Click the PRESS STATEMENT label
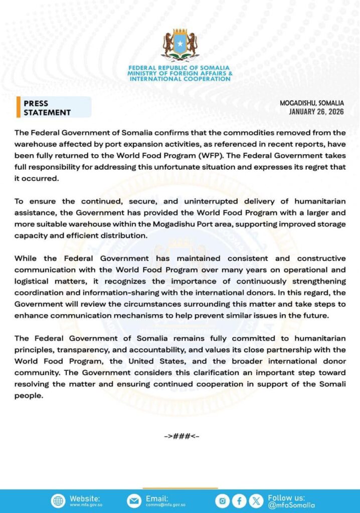(47, 108)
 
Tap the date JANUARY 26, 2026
(316, 112)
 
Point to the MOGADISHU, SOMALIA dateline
(312, 103)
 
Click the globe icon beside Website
(58, 501)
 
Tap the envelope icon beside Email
(134, 501)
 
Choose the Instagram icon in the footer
(223, 501)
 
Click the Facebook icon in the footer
(240, 501)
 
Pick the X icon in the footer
(256, 501)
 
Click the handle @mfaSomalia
(291, 505)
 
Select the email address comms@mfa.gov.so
(165, 505)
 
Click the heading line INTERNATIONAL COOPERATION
(180, 79)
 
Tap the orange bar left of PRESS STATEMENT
(19, 108)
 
